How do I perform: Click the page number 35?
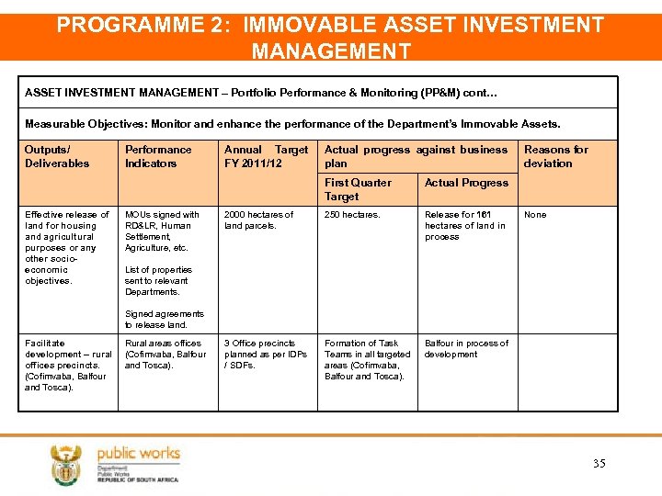(x=599, y=464)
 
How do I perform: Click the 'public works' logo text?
(x=138, y=453)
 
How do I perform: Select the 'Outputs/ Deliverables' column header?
(x=57, y=156)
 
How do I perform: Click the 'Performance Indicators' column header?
(x=158, y=156)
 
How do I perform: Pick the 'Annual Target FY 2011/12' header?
(x=267, y=156)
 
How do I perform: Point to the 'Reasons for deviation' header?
(x=555, y=156)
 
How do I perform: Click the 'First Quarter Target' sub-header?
(x=358, y=189)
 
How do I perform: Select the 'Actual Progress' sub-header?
(x=466, y=183)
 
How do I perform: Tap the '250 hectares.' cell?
(x=352, y=215)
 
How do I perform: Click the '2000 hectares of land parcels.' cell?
(x=258, y=220)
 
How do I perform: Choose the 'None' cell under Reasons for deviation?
(x=535, y=215)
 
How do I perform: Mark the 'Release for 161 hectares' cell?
(x=464, y=226)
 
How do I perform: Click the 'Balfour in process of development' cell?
(x=466, y=349)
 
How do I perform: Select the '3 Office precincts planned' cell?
(x=266, y=355)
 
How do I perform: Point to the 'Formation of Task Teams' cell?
(x=367, y=360)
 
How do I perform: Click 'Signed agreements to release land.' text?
(x=165, y=320)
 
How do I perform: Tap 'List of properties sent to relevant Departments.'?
(x=158, y=281)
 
